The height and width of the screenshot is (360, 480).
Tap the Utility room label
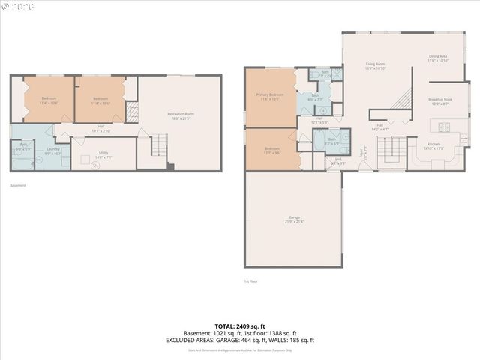coord(103,156)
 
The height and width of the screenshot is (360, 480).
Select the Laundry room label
coord(52,150)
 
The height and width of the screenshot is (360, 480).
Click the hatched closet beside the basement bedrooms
coord(132,112)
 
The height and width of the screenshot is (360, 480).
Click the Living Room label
coord(375,66)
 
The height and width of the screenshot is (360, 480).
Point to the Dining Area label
coord(438,58)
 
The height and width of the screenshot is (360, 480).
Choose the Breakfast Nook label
coord(439,101)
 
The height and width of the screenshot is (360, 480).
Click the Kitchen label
coord(433,145)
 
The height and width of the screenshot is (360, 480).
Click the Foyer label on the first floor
coord(361,153)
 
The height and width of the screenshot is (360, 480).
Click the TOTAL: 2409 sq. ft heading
coord(239,325)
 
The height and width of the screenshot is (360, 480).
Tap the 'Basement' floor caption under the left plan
coord(18,185)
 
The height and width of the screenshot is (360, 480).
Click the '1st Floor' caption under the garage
coord(250,281)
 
